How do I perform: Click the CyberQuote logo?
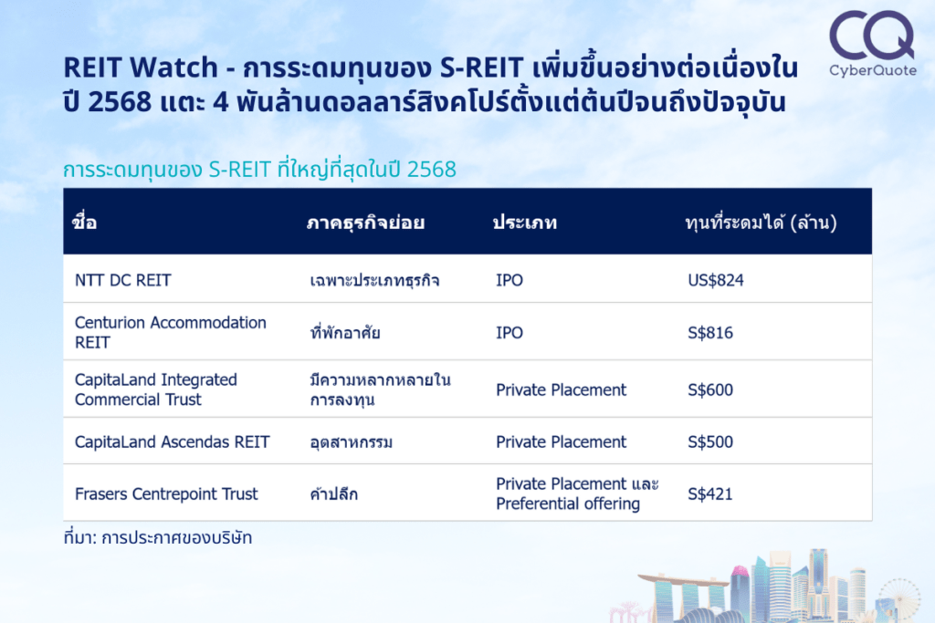[872, 44]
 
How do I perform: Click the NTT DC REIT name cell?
[123, 280]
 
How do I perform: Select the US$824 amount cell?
[716, 280]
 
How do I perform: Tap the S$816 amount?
[710, 332]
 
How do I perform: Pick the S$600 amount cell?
[710, 389]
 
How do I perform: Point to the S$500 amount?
[710, 441]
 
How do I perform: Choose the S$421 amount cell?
[709, 493]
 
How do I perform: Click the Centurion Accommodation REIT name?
[171, 332]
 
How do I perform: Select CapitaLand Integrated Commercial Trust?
[155, 389]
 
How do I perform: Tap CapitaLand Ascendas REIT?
[173, 441]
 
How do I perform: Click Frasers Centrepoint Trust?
[166, 493]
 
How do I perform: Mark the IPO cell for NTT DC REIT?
[510, 280]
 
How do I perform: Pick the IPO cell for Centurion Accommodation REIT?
[510, 332]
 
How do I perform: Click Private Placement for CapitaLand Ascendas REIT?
[562, 441]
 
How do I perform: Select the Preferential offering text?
[568, 504]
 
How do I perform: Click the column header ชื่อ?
[84, 222]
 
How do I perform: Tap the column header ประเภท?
[525, 223]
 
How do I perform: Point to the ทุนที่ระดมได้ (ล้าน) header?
[761, 223]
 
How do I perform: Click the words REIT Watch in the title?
[141, 67]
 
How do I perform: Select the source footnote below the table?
[158, 537]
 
